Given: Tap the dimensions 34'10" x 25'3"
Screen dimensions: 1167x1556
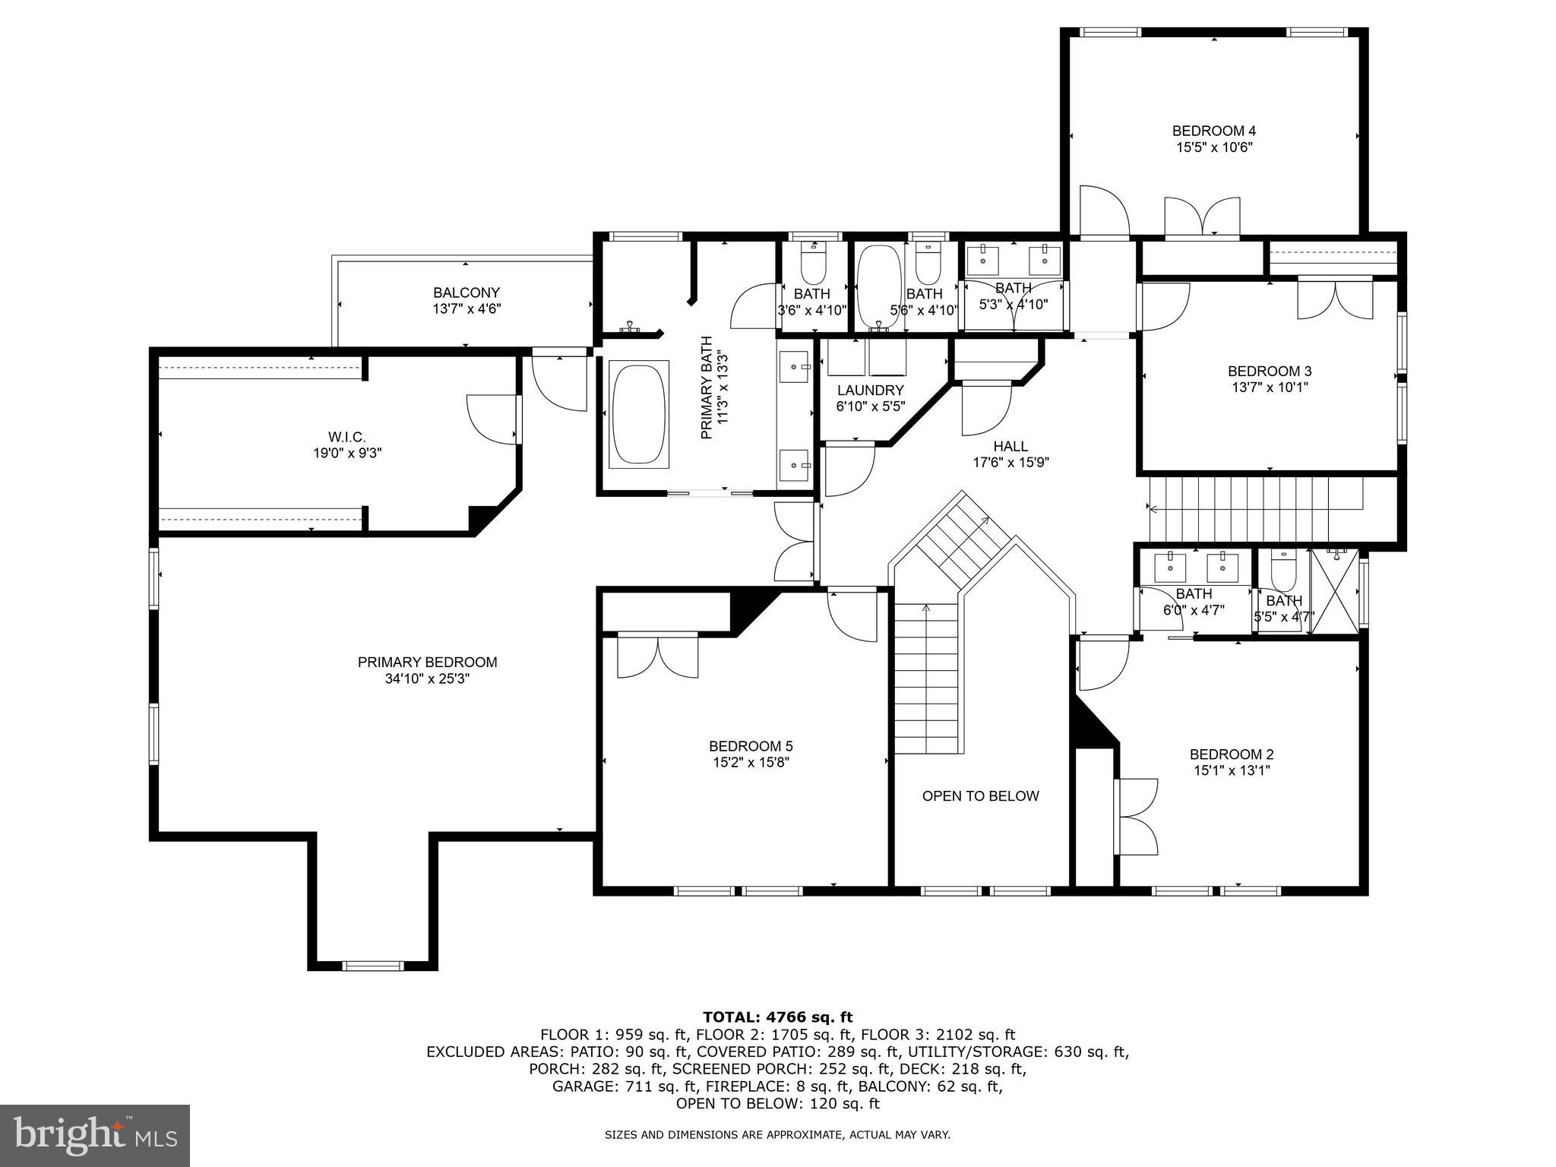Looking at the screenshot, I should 427,679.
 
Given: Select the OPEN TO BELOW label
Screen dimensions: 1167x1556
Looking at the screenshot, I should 980,796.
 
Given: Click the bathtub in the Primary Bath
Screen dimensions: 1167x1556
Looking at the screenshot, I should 639,415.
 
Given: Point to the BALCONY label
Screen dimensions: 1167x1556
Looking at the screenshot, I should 466,293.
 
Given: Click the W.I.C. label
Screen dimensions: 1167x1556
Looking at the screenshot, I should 346,437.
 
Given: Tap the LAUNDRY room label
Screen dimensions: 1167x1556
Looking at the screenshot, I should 870,391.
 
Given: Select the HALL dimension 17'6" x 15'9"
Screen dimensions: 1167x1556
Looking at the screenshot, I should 1010,463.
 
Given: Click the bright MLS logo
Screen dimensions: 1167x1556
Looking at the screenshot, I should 94,1135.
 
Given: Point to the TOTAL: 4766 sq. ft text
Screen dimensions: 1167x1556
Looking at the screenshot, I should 777,1017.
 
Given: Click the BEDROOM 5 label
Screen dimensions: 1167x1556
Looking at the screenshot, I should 751,746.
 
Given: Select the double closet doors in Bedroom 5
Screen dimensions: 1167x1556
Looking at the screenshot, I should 658,655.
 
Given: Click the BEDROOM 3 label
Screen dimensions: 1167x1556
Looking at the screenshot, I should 1269,371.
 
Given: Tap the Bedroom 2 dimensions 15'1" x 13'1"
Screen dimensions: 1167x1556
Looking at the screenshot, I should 1231,770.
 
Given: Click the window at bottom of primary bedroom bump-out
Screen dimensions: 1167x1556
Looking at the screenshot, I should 372,966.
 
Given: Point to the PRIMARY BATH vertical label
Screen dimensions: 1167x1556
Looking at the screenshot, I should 706,387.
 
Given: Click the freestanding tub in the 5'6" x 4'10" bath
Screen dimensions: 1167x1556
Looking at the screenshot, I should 879,287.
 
